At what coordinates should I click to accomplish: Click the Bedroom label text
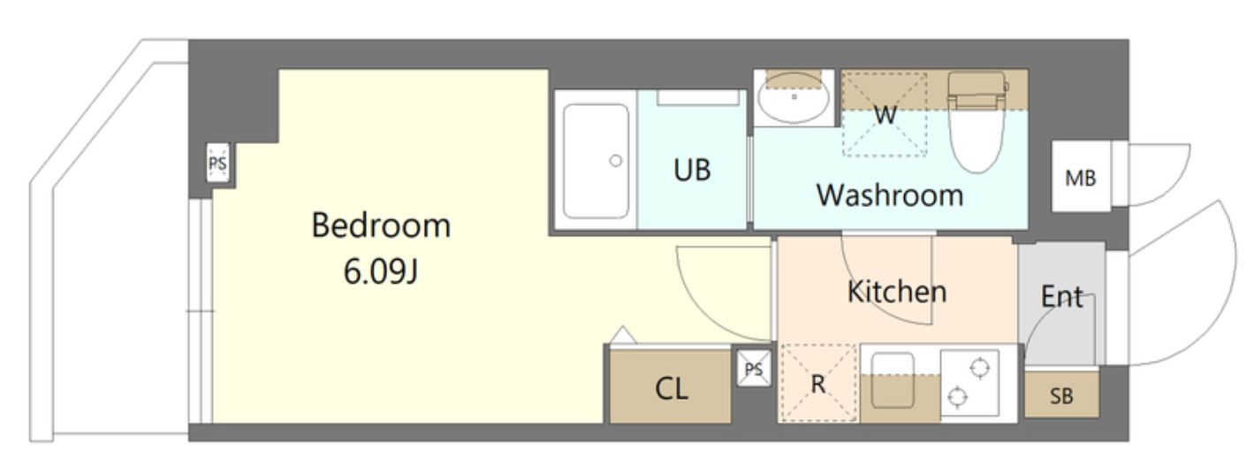click(381, 225)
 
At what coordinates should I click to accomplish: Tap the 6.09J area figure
click(381, 271)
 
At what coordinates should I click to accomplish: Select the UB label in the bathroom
click(692, 170)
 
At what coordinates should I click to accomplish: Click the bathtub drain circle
click(615, 161)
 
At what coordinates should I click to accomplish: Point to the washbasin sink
click(794, 97)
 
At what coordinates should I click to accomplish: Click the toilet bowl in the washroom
click(977, 122)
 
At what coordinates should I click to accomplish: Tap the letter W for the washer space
click(885, 115)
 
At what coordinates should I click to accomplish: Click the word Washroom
click(890, 195)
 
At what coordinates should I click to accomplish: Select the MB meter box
click(1081, 177)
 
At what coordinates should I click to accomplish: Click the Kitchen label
click(897, 292)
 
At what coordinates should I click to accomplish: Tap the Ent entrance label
click(1061, 296)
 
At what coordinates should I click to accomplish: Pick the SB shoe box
click(1061, 394)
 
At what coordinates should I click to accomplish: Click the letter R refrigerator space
click(817, 384)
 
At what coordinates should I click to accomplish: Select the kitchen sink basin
click(893, 381)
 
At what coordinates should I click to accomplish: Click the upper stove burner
click(979, 368)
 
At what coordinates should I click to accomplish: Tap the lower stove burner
click(957, 397)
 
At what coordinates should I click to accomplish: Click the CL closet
click(671, 386)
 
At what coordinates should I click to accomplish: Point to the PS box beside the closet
click(754, 369)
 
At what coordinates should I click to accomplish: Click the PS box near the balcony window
click(217, 163)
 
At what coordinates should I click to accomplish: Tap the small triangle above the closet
click(623, 335)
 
